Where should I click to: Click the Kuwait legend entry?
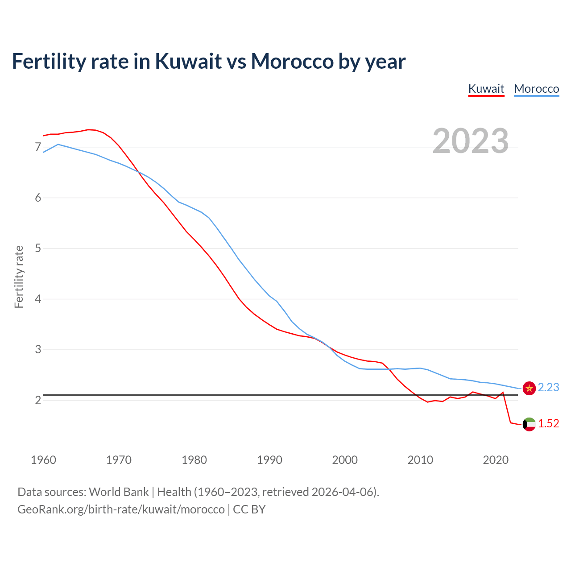(486, 89)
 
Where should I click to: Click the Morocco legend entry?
(536, 89)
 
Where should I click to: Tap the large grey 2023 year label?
(470, 141)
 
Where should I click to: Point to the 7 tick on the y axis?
(38, 147)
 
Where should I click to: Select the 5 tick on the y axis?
(38, 248)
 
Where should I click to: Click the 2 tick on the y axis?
(38, 400)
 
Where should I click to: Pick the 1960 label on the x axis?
(43, 460)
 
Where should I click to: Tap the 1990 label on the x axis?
(269, 460)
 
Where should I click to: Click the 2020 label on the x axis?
(496, 460)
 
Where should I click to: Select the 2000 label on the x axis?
(345, 460)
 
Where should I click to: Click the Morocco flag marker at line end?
(529, 388)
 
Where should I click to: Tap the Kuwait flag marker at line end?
(529, 424)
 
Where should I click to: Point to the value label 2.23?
(548, 388)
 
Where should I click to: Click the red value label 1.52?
(548, 424)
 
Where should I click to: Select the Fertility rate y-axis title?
(19, 277)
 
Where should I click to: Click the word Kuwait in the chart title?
(188, 61)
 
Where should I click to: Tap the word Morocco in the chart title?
(292, 61)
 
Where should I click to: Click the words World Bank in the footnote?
(119, 492)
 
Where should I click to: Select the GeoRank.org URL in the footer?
(121, 509)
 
